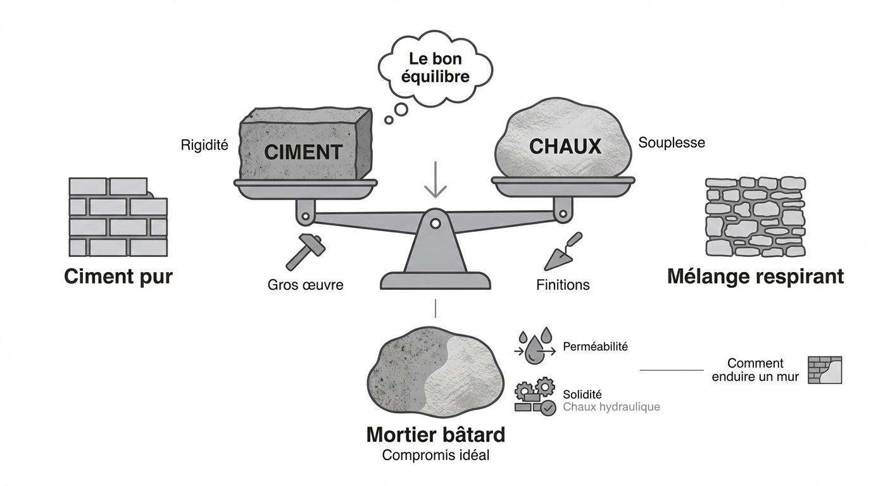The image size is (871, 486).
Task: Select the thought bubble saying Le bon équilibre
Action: point(435,70)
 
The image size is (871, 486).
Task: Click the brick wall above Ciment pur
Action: point(117,216)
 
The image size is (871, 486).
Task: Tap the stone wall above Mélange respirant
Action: point(755,216)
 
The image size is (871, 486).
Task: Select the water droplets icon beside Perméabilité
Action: point(536,347)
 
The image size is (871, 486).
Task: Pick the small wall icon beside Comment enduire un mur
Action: point(825,370)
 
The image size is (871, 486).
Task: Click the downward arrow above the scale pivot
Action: point(435,180)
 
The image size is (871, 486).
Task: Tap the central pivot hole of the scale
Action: point(435,223)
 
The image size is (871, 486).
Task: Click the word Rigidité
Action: point(204,145)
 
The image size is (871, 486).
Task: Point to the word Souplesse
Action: point(671,142)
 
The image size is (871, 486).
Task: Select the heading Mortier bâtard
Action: point(435,435)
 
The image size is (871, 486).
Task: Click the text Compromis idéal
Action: point(435,455)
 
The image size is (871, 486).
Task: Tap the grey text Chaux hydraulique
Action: point(611,407)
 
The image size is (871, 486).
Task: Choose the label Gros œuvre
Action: point(305,285)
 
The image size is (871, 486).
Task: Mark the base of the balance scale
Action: point(435,280)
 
